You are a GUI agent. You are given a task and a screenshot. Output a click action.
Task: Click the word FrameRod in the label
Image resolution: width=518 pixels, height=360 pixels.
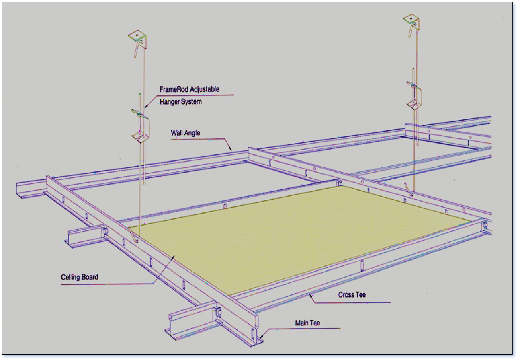click(x=174, y=89)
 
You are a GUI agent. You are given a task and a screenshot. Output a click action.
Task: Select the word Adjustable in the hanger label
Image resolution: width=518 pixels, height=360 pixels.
click(x=204, y=89)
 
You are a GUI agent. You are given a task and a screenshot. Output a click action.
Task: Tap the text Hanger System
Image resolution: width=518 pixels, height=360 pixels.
click(x=180, y=102)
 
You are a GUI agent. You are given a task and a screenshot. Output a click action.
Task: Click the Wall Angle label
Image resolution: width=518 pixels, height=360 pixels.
click(x=186, y=133)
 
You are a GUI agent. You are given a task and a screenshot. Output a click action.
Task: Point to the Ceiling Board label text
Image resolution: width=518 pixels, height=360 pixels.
click(x=80, y=277)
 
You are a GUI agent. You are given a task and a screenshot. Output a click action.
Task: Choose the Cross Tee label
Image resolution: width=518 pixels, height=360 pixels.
click(x=352, y=295)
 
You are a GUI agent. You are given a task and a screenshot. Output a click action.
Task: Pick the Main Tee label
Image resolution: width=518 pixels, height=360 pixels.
click(x=307, y=323)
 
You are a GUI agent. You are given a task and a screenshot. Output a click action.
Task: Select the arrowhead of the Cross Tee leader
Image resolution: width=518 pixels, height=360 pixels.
click(x=311, y=296)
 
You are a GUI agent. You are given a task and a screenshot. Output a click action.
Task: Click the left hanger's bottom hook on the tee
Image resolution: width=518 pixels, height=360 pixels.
click(x=133, y=235)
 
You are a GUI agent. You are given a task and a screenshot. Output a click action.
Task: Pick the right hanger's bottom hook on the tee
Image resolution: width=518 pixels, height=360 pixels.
click(x=409, y=189)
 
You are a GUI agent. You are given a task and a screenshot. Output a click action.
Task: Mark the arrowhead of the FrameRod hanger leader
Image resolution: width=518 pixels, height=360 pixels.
click(x=146, y=107)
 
